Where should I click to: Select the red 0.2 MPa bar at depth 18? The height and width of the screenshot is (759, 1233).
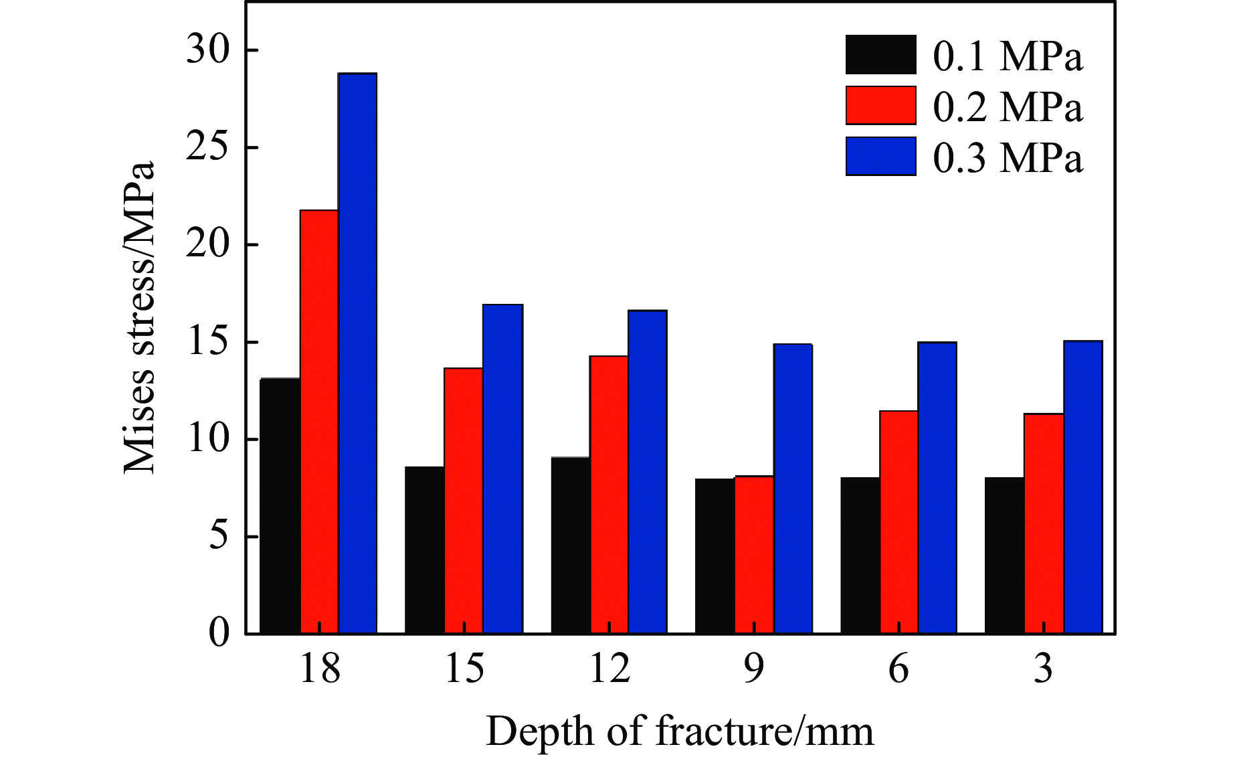[x=319, y=422]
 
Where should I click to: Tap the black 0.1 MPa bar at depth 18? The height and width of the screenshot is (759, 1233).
[x=280, y=506]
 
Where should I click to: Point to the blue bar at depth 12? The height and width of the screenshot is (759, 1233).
[x=647, y=472]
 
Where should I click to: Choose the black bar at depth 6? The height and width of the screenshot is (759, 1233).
[x=860, y=556]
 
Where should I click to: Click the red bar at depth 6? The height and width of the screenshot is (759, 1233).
[x=898, y=522]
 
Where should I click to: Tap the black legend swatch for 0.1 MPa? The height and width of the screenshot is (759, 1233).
[x=880, y=55]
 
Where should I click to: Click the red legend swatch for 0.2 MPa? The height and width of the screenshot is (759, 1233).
[x=880, y=106]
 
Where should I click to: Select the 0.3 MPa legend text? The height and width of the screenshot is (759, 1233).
[x=1008, y=159]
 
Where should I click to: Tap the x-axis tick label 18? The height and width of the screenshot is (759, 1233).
[x=320, y=669]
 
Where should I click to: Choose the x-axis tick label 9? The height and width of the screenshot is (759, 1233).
[x=754, y=669]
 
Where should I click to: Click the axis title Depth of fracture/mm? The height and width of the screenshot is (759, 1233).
[x=679, y=730]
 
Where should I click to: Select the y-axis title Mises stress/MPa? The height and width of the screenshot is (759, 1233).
[x=139, y=317]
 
